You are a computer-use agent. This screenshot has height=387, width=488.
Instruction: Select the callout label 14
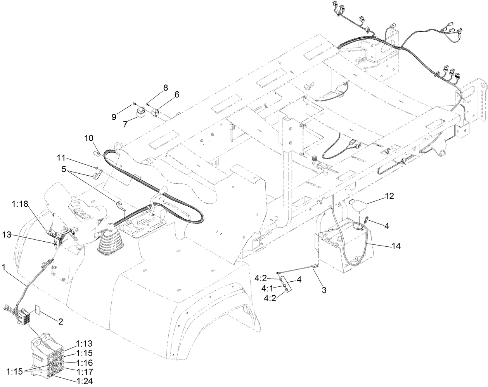coord(396,246)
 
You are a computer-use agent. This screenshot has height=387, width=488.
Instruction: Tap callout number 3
coord(324,290)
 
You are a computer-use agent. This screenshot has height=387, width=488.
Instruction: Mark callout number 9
coord(114,116)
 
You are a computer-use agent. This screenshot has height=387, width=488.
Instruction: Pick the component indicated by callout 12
coord(358,205)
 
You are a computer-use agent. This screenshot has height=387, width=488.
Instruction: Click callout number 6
coord(166,94)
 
